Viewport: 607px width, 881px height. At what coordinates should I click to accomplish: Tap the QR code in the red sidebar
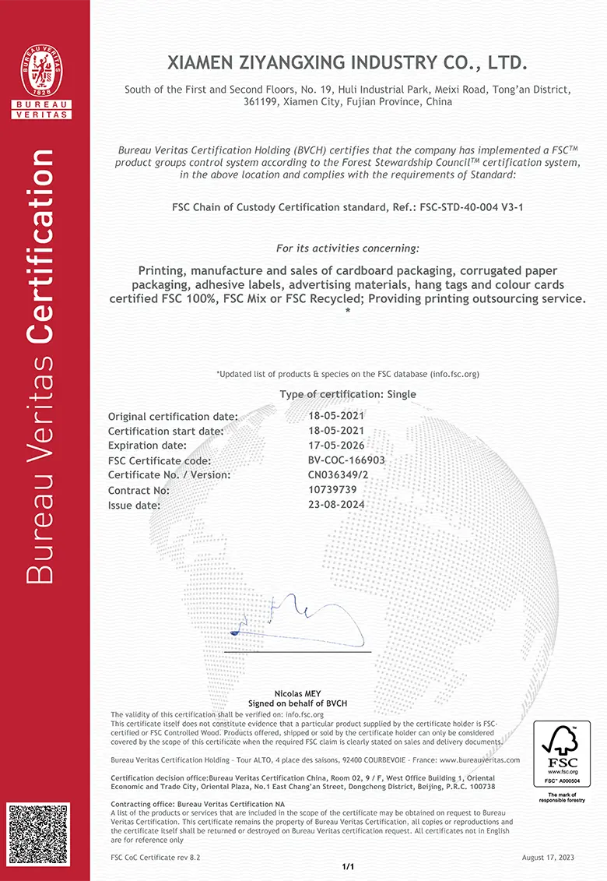[38, 833]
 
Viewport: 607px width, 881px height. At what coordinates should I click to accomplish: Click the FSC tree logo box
[561, 754]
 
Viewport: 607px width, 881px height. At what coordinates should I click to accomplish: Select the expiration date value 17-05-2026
[336, 445]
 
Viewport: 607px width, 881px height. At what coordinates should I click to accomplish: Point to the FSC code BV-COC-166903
[346, 460]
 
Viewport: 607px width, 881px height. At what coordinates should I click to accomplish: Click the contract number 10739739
[332, 489]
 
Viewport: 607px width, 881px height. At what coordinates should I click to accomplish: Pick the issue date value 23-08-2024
[336, 504]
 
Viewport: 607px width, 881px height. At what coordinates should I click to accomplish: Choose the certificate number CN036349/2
[339, 474]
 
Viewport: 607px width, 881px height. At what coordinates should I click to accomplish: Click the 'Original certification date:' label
[173, 416]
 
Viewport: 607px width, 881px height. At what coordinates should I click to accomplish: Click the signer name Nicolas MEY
[297, 693]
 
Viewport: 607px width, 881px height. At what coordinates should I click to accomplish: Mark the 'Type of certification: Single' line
[348, 394]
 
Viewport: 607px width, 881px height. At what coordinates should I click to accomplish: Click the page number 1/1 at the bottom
[348, 866]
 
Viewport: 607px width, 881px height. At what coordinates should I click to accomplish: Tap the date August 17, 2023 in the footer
[548, 857]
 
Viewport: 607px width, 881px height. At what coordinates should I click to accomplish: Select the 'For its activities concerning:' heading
[347, 248]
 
